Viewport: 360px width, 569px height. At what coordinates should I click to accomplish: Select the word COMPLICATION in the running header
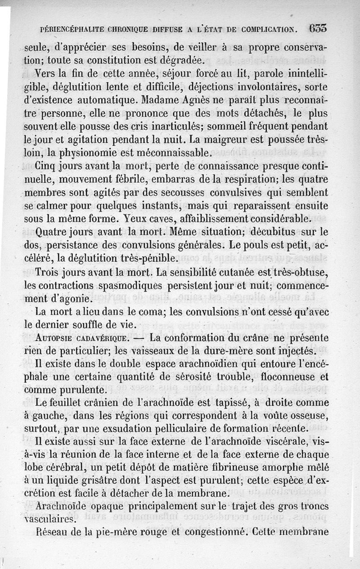pos(268,30)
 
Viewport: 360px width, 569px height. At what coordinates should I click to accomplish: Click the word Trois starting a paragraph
pos(48,273)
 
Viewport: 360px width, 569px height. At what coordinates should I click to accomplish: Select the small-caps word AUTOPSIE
pos(54,338)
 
